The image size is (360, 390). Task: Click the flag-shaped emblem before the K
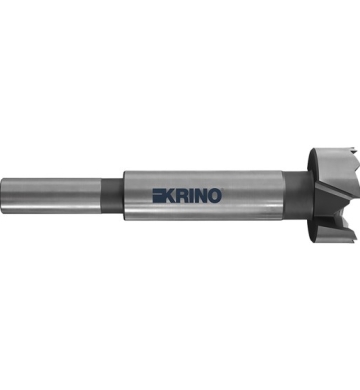point(158,196)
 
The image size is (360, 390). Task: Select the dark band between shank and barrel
point(112,195)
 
